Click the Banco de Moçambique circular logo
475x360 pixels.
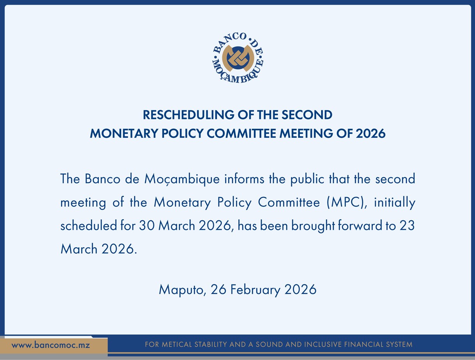[x=238, y=58]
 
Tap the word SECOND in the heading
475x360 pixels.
[x=307, y=115]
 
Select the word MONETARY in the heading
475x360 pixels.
[x=124, y=133]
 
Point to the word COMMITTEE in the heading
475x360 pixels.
[x=241, y=133]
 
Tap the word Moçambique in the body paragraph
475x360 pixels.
[x=182, y=179]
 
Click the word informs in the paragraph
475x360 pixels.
[x=245, y=179]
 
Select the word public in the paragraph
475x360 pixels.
[x=307, y=179]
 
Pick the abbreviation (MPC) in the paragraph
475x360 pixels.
[x=345, y=203]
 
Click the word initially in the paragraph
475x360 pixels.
[x=395, y=203]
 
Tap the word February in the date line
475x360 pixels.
[x=255, y=290]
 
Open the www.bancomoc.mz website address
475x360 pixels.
[x=51, y=345]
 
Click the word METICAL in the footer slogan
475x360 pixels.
[x=177, y=344]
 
